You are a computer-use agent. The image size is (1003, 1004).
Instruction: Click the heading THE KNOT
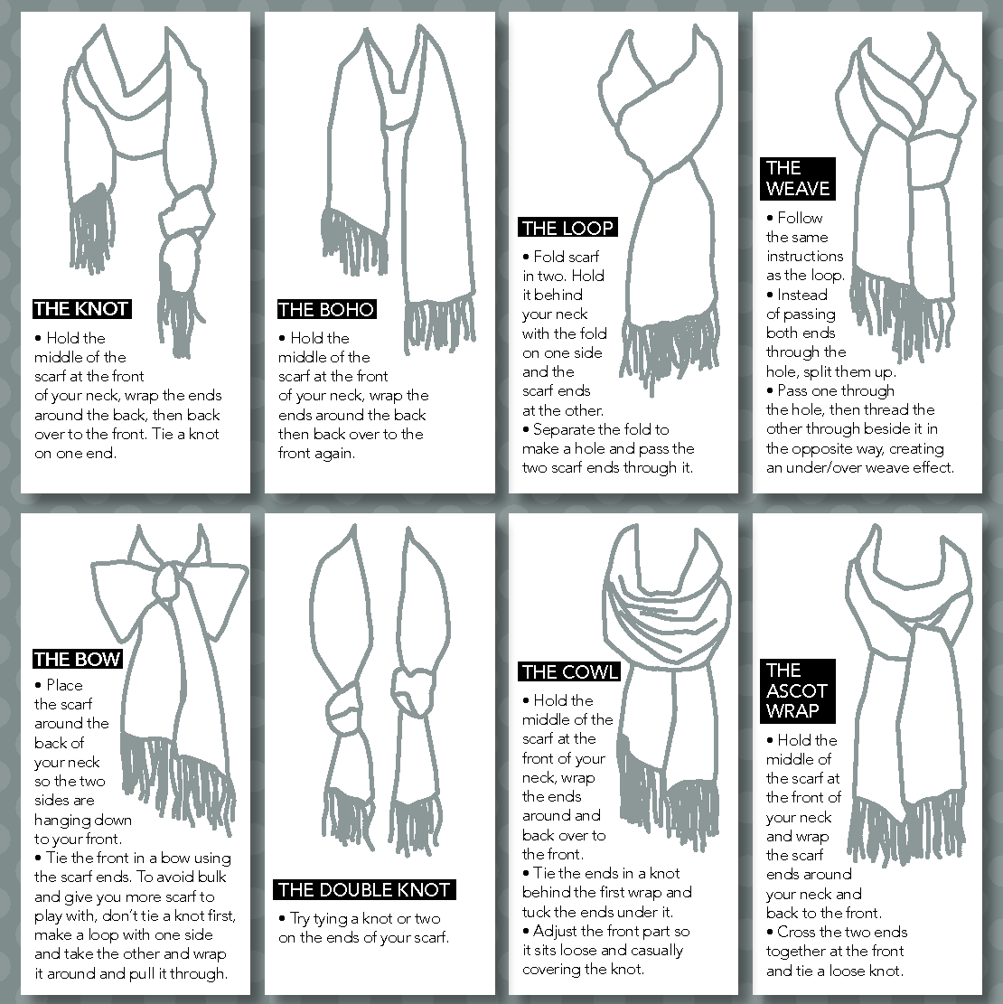pyautogui.click(x=81, y=309)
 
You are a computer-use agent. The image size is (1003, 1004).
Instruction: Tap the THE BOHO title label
pyautogui.click(x=326, y=309)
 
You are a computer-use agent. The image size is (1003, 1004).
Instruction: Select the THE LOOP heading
pyautogui.click(x=567, y=228)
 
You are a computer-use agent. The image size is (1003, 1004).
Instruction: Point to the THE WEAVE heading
pyautogui.click(x=798, y=178)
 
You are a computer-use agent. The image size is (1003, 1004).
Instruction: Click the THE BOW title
pyautogui.click(x=78, y=659)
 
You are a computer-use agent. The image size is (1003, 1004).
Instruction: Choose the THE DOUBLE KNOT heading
pyautogui.click(x=364, y=889)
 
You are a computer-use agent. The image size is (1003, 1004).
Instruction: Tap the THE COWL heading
pyautogui.click(x=569, y=671)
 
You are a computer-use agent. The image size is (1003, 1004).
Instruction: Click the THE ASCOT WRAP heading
pyautogui.click(x=798, y=690)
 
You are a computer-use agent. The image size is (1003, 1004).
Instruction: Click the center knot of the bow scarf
pyautogui.click(x=168, y=579)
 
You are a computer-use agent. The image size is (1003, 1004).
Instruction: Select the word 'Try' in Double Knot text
pyautogui.click(x=300, y=919)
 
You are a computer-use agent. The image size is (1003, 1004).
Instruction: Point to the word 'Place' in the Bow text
pyautogui.click(x=64, y=685)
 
